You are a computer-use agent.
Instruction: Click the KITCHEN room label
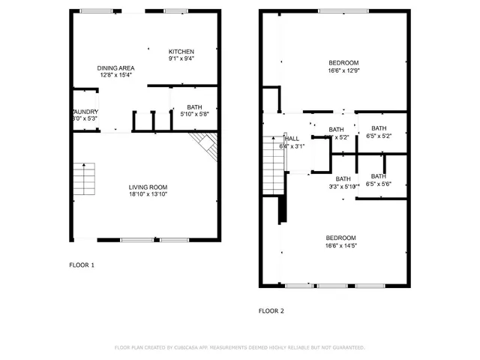(181, 50)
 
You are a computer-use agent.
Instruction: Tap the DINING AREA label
(115, 67)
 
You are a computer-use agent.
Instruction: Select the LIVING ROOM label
(148, 187)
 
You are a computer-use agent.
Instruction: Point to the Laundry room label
(85, 112)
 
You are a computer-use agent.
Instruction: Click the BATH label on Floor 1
(194, 106)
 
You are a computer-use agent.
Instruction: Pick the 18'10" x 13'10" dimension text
(148, 194)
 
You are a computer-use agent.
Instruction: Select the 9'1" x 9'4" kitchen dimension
(181, 58)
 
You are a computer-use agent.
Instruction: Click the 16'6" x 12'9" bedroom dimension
(343, 70)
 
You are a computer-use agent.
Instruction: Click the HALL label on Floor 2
(292, 139)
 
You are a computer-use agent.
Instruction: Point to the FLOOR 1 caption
(82, 265)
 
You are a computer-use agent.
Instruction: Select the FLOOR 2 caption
(271, 310)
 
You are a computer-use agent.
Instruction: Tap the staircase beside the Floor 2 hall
(271, 158)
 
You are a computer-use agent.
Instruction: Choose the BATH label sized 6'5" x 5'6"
(379, 176)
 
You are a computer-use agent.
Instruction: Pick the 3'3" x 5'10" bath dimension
(343, 187)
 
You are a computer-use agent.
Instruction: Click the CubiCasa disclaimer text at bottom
(239, 348)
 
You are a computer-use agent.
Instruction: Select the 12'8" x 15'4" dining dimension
(115, 75)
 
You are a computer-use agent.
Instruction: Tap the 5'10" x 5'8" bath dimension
(194, 115)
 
